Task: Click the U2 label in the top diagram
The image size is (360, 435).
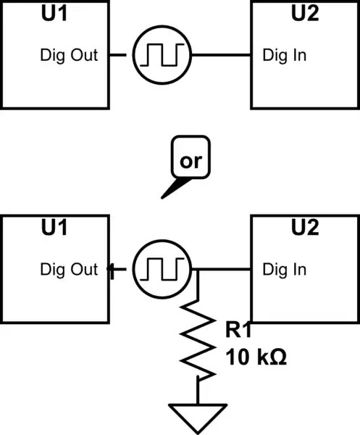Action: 304,14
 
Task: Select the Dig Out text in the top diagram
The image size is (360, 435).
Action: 69,55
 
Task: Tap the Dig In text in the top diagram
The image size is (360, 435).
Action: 284,55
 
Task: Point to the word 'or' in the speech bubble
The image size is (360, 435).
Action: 191,161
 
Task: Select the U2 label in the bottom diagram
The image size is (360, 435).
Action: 304,228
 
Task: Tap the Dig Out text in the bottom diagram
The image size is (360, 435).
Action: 69,270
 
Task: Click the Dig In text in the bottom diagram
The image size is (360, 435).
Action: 284,270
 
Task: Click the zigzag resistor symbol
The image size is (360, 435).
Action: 198,341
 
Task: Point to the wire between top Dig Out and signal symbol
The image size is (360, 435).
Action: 120,54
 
